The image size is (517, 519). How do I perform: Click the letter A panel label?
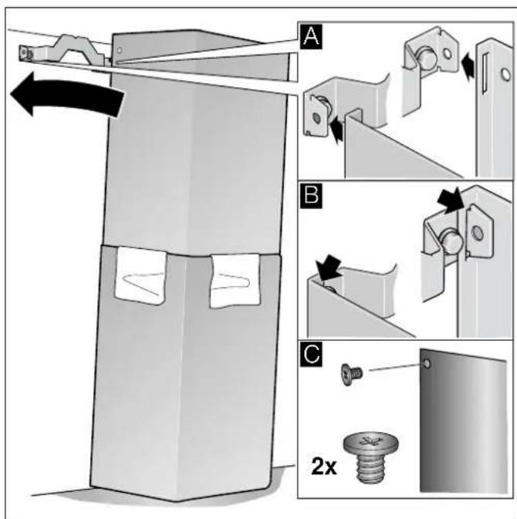[311, 37]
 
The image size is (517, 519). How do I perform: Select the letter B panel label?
[311, 195]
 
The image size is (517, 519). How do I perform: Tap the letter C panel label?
[311, 354]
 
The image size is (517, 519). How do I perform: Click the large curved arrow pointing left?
[66, 94]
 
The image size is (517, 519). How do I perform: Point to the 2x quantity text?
[324, 467]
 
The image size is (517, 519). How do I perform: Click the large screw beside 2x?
[370, 456]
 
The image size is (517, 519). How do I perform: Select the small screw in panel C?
[351, 374]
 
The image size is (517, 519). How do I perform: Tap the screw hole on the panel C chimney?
[427, 364]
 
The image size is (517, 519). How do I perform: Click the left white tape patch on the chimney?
[140, 275]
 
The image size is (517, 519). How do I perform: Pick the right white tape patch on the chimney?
[235, 281]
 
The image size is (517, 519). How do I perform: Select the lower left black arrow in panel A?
[336, 130]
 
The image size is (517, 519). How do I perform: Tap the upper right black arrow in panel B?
[451, 201]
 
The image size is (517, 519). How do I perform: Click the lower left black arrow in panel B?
[329, 267]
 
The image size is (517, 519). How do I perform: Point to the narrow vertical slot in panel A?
[485, 73]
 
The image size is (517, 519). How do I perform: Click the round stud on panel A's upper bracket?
[425, 56]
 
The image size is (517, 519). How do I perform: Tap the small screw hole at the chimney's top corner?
[120, 50]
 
